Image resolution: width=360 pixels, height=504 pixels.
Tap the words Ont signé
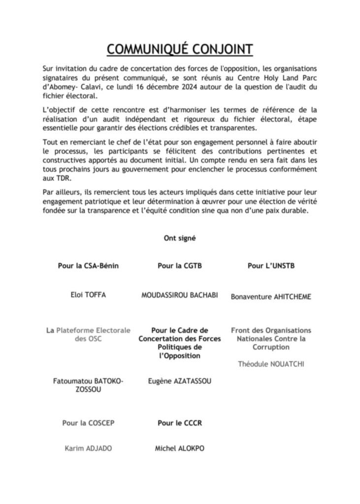180,238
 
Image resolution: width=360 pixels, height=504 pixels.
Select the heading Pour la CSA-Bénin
88,266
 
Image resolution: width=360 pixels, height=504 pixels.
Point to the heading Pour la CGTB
180,266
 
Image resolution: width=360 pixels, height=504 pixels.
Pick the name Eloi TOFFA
88,295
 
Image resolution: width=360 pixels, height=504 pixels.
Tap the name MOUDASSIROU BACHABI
180,295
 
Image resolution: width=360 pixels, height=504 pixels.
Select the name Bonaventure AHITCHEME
271,297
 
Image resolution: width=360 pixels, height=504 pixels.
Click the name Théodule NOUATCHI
271,364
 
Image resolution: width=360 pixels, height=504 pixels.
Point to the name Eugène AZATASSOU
180,380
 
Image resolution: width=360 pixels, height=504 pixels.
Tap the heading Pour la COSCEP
88,423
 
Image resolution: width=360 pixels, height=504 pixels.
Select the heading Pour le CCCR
180,423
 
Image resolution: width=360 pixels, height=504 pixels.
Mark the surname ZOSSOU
88,389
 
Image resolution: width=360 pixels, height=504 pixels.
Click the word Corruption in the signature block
271,347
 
